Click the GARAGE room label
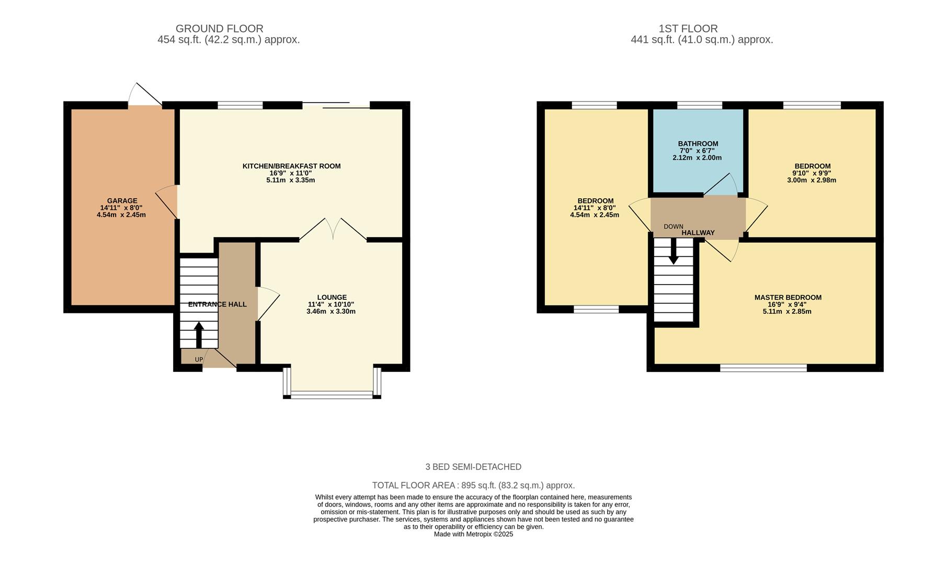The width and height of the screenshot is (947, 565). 122,201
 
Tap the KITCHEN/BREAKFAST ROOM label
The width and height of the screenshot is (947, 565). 291,166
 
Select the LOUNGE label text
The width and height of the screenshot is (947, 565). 332,297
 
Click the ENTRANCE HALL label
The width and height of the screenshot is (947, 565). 217,304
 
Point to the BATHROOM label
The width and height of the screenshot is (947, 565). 698,144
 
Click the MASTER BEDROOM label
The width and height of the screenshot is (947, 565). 788,298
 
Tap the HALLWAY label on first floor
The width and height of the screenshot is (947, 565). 698,233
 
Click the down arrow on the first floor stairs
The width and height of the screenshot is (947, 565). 674,251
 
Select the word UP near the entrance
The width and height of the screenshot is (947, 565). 199,359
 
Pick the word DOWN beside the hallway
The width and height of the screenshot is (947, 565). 673,227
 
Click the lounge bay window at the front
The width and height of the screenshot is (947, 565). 332,394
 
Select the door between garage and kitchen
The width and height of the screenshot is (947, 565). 168,201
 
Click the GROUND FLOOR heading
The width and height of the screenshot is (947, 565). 219,29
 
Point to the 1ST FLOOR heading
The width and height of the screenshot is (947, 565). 688,29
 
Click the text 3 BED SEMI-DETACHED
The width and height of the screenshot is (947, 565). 473,467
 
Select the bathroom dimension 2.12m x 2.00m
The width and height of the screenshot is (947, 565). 698,158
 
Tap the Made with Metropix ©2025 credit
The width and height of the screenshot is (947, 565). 473,534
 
